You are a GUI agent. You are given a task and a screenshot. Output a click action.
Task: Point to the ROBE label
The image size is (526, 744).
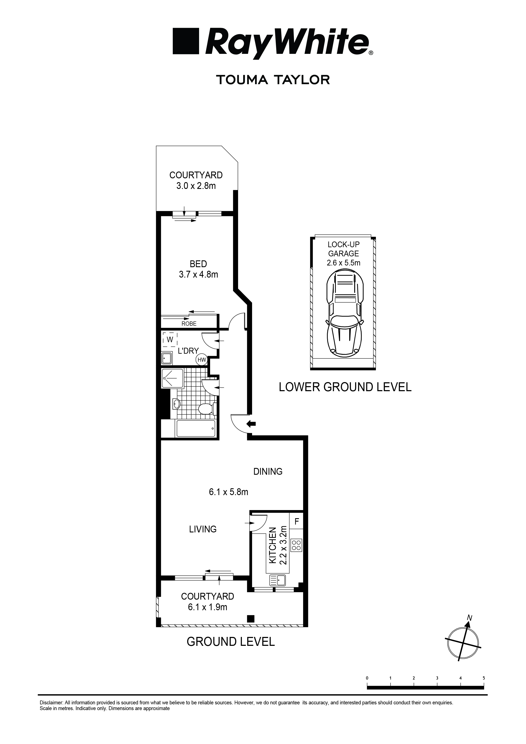pyautogui.click(x=189, y=323)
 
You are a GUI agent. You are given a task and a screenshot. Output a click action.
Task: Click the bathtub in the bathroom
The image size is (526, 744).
pyautogui.click(x=195, y=428)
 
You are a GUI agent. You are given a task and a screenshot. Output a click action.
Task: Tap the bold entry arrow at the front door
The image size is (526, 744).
pyautogui.click(x=251, y=423)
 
